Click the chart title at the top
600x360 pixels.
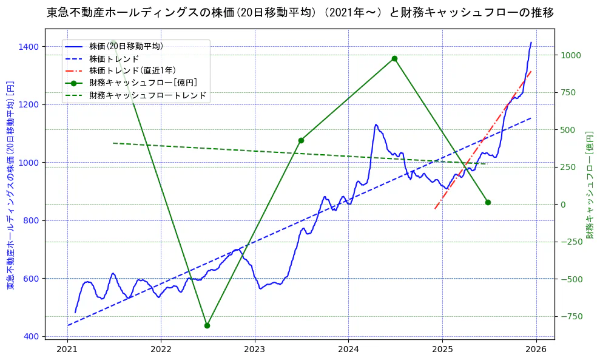tap(300, 12)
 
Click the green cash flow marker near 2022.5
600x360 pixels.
tap(207, 325)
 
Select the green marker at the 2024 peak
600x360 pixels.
tap(394, 58)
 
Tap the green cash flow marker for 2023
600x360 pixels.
tap(301, 140)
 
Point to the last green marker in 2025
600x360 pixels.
tap(488, 202)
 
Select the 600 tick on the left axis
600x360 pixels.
tap(32, 279)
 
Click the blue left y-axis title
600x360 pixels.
tap(10, 185)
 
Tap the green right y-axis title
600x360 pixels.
tap(590, 185)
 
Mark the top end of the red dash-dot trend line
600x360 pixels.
tap(531, 71)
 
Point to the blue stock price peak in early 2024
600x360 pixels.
tap(376, 124)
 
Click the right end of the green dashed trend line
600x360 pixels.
tap(485, 164)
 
